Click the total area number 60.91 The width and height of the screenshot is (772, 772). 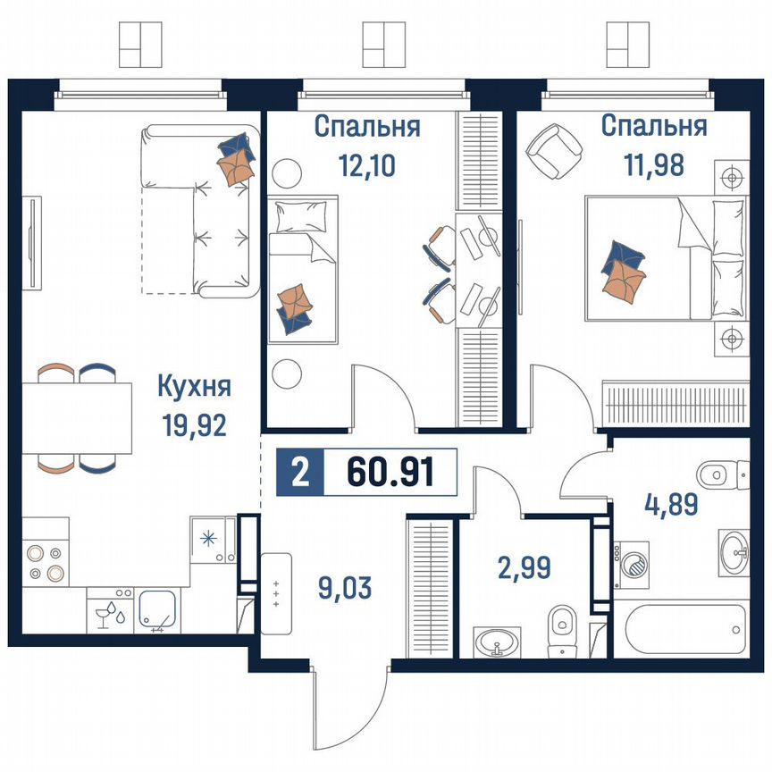390,471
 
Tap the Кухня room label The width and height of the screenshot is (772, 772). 194,387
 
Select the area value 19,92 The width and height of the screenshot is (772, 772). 194,424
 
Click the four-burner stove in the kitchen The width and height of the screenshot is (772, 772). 46,562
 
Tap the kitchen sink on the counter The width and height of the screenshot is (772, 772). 161,611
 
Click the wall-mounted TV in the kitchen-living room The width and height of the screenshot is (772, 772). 34,242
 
